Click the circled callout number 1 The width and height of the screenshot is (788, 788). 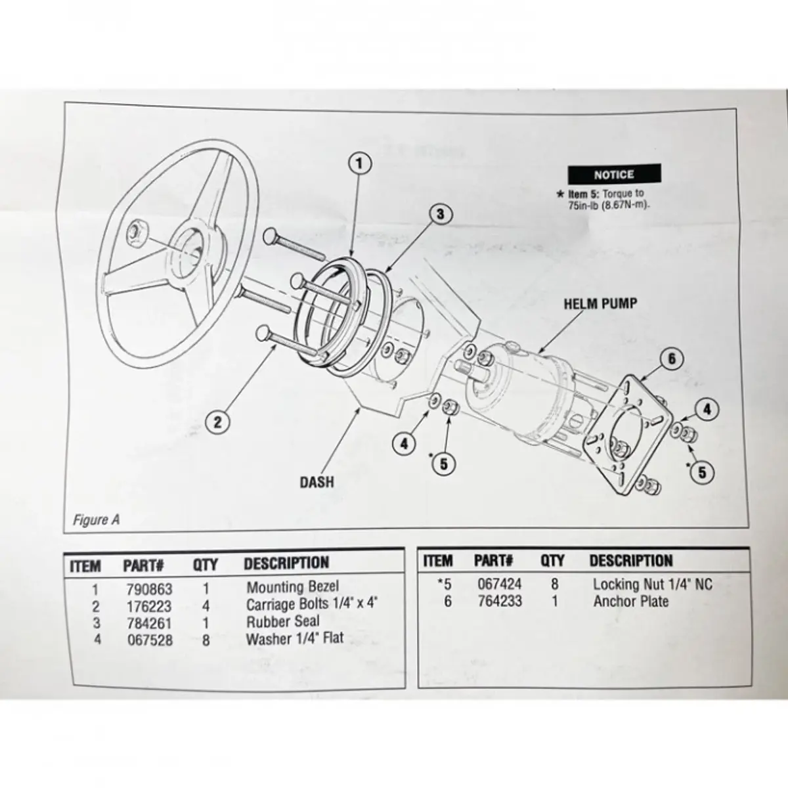360,162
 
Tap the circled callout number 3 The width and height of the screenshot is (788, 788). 441,213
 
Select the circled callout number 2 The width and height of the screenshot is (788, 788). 219,421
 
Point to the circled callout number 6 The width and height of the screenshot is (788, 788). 672,359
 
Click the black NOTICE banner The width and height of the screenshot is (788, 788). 614,175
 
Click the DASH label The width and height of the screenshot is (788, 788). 317,482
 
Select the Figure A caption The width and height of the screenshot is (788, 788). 96,520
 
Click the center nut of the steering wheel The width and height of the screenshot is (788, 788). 138,230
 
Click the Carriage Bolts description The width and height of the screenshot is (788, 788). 312,604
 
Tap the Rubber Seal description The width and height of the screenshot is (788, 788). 283,621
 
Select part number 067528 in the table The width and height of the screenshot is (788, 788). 149,639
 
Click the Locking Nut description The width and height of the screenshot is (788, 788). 652,584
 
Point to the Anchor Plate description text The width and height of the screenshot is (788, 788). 630,601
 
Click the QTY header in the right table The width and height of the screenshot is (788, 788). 552,561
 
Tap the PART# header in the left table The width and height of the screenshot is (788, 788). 143,565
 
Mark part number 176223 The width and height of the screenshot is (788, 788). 149,605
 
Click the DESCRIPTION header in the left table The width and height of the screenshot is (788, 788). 286,563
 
